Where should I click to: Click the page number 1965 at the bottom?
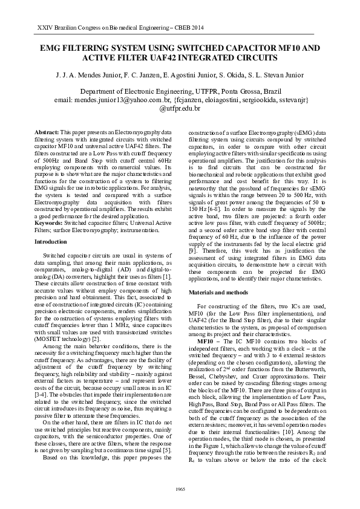pyautogui.click(x=180, y=488)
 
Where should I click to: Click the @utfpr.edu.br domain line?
pyautogui.click(x=179, y=109)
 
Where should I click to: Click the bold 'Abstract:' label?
pyautogui.click(x=46, y=132)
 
